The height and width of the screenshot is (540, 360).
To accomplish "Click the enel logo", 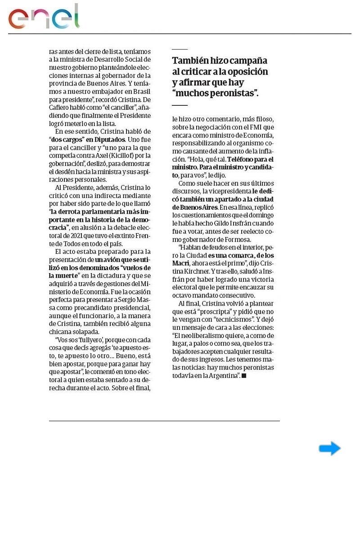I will (x=44, y=18).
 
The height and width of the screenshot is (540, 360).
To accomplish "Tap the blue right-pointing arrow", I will (x=330, y=448).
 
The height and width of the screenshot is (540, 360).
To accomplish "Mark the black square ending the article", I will (x=244, y=375).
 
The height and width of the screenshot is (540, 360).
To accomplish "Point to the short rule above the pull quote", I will (x=180, y=49).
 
